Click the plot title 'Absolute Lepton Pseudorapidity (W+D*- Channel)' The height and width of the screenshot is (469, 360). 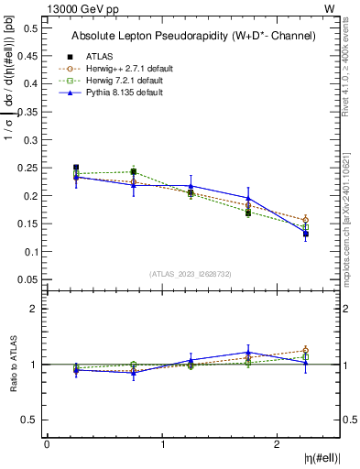pos(193,36)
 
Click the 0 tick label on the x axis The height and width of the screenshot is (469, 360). pos(47,444)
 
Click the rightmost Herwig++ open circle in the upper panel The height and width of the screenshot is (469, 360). pos(305,220)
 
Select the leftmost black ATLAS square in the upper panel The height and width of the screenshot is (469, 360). pos(76,169)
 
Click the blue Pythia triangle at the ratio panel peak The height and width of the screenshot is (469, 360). pos(248,352)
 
